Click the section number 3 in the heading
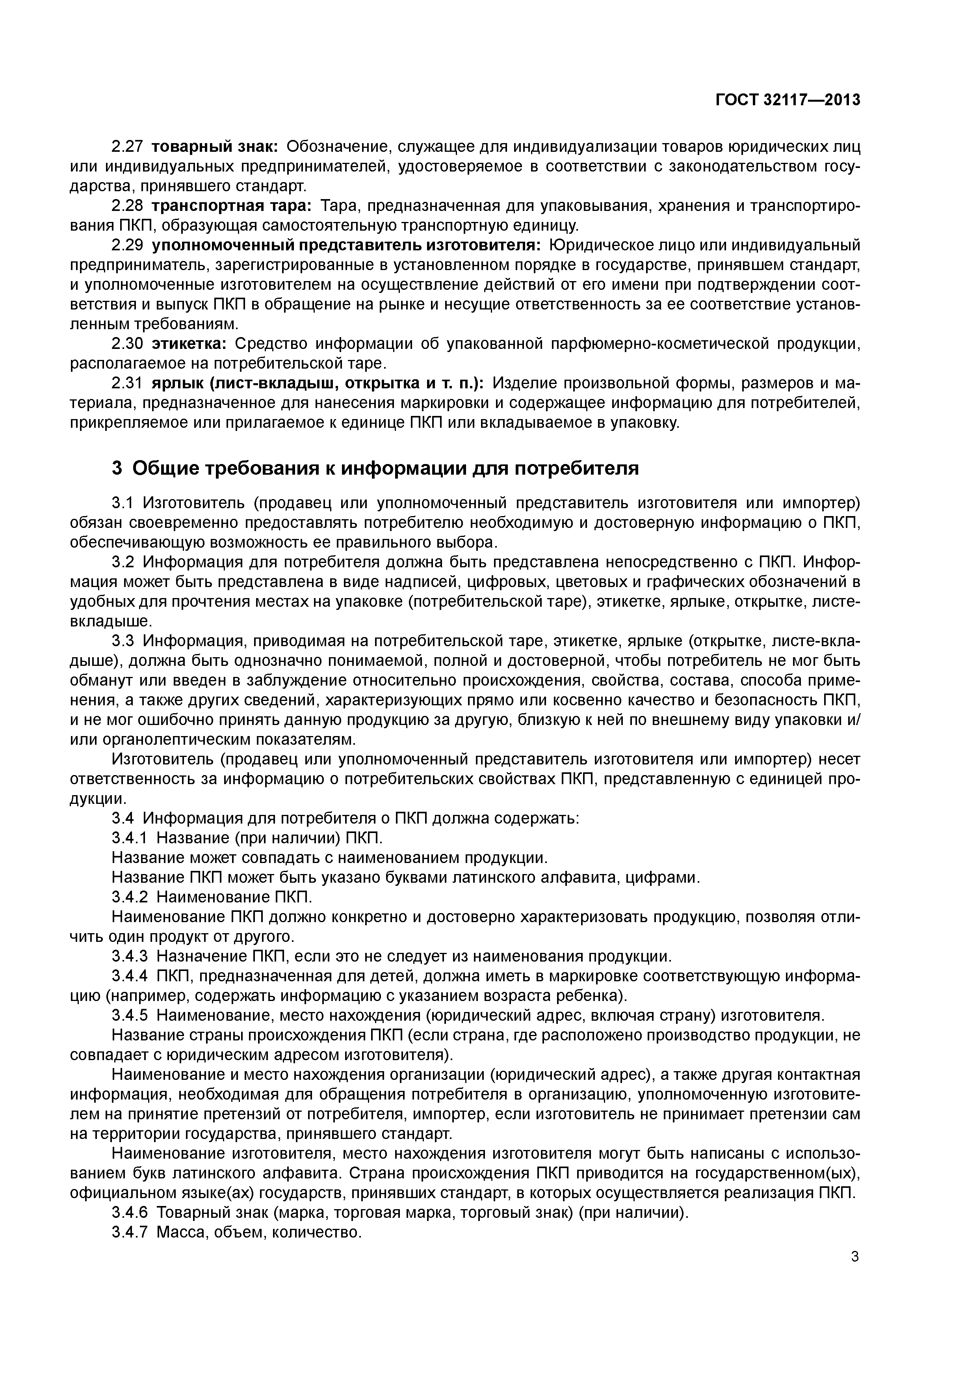[117, 468]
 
